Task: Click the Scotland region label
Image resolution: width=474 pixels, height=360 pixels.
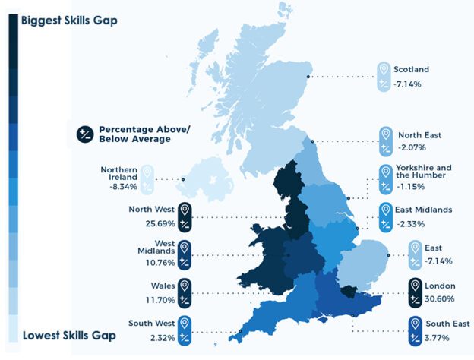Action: pos(412,68)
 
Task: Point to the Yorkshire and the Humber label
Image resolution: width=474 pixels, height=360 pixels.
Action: pos(424,172)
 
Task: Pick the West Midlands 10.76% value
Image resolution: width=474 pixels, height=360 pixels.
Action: pos(153,263)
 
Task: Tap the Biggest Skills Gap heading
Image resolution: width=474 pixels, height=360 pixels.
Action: pos(69,21)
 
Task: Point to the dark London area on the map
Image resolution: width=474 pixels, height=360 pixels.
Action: pos(349,291)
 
